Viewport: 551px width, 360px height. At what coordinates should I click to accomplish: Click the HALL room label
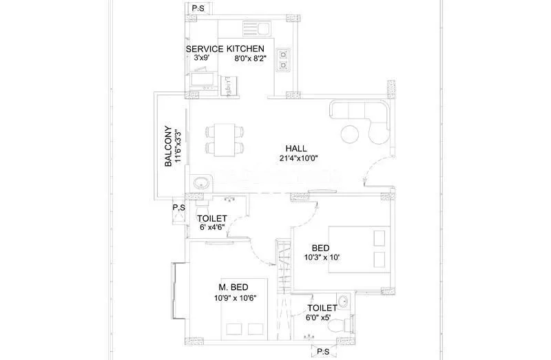[x=297, y=149]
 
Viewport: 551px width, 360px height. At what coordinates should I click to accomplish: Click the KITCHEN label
[x=246, y=49]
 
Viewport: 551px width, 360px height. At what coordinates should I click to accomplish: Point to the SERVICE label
[x=205, y=49]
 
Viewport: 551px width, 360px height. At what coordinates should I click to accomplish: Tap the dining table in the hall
[x=225, y=138]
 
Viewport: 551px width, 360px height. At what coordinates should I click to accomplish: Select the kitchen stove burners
[x=283, y=60]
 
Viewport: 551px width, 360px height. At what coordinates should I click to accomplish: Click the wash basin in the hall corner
[x=201, y=183]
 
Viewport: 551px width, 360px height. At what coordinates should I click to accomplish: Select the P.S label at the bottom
[x=323, y=352]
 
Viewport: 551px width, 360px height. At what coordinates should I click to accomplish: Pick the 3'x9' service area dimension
[x=201, y=59]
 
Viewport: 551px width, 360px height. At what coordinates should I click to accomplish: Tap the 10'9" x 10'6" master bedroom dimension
[x=236, y=298]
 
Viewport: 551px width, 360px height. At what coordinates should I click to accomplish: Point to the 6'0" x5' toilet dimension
[x=322, y=317]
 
